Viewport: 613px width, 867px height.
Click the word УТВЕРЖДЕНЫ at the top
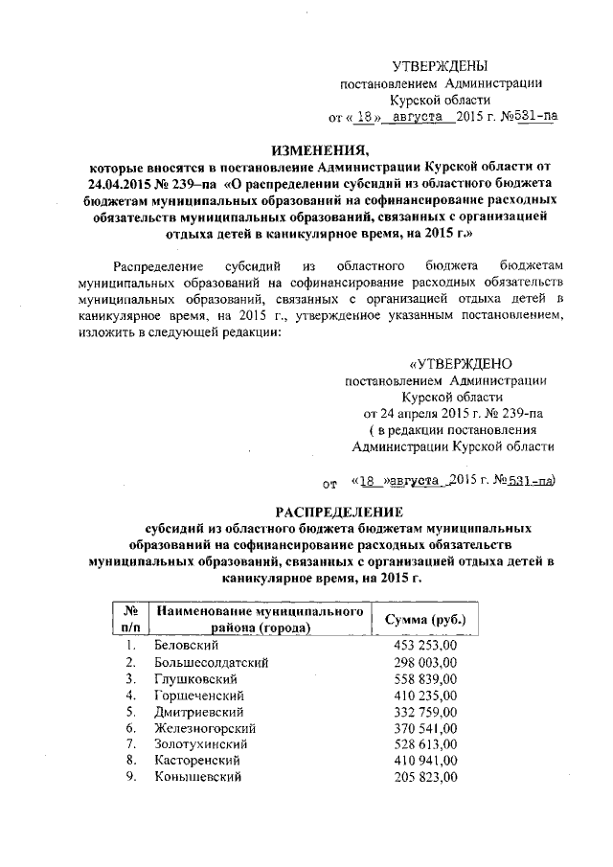(x=441, y=65)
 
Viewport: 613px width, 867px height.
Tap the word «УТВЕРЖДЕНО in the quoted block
(x=461, y=363)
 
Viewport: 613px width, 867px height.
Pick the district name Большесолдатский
(x=211, y=663)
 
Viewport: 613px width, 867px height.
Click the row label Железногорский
(x=202, y=728)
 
